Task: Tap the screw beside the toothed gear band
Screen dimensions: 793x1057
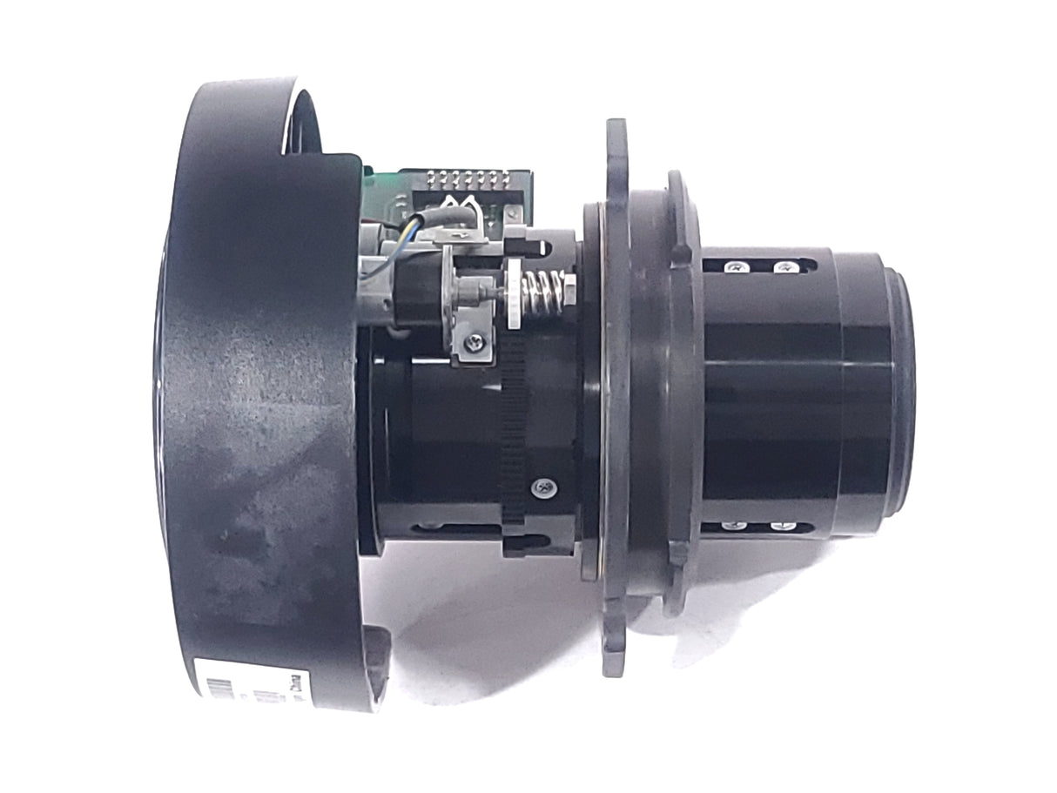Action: pyautogui.click(x=545, y=487)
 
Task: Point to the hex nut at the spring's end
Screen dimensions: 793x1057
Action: pyautogui.click(x=569, y=288)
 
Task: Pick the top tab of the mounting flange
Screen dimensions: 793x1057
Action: pyautogui.click(x=616, y=148)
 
